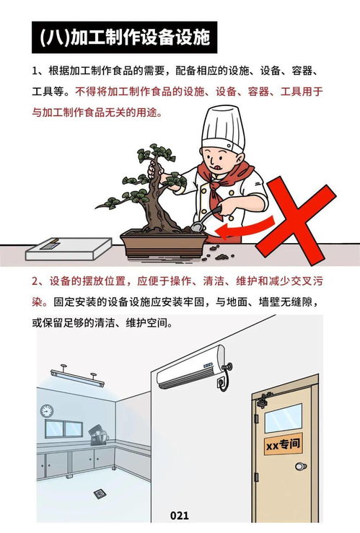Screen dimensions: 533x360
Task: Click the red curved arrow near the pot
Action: [x=245, y=229]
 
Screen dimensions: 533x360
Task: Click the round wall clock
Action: [x=47, y=410]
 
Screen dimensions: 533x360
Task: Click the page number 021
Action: [x=179, y=516]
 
